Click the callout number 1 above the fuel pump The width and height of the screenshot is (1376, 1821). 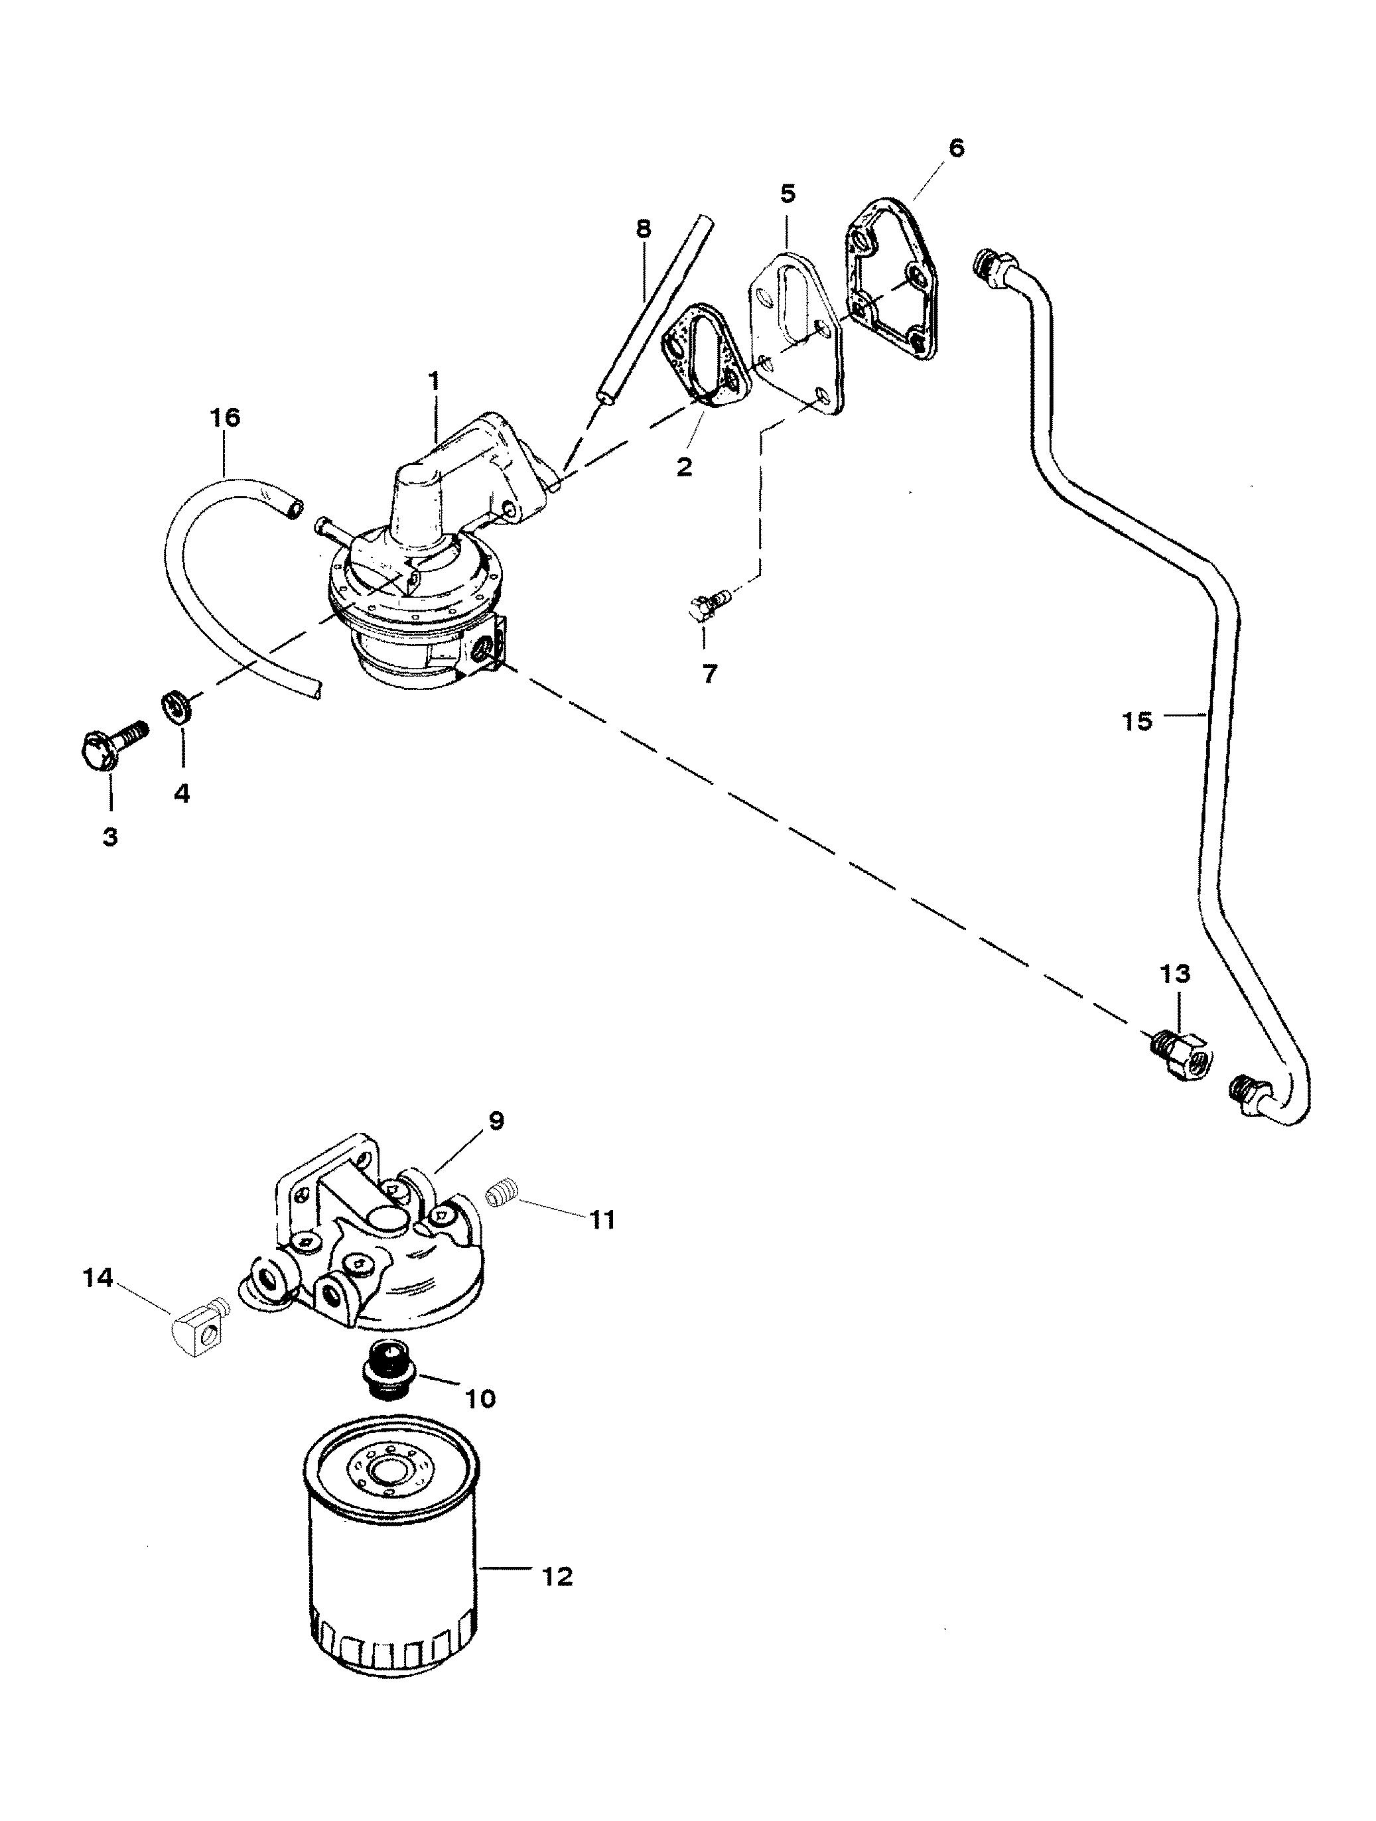433,382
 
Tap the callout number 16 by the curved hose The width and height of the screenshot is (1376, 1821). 225,418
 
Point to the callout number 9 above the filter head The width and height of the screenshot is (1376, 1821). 496,1120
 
